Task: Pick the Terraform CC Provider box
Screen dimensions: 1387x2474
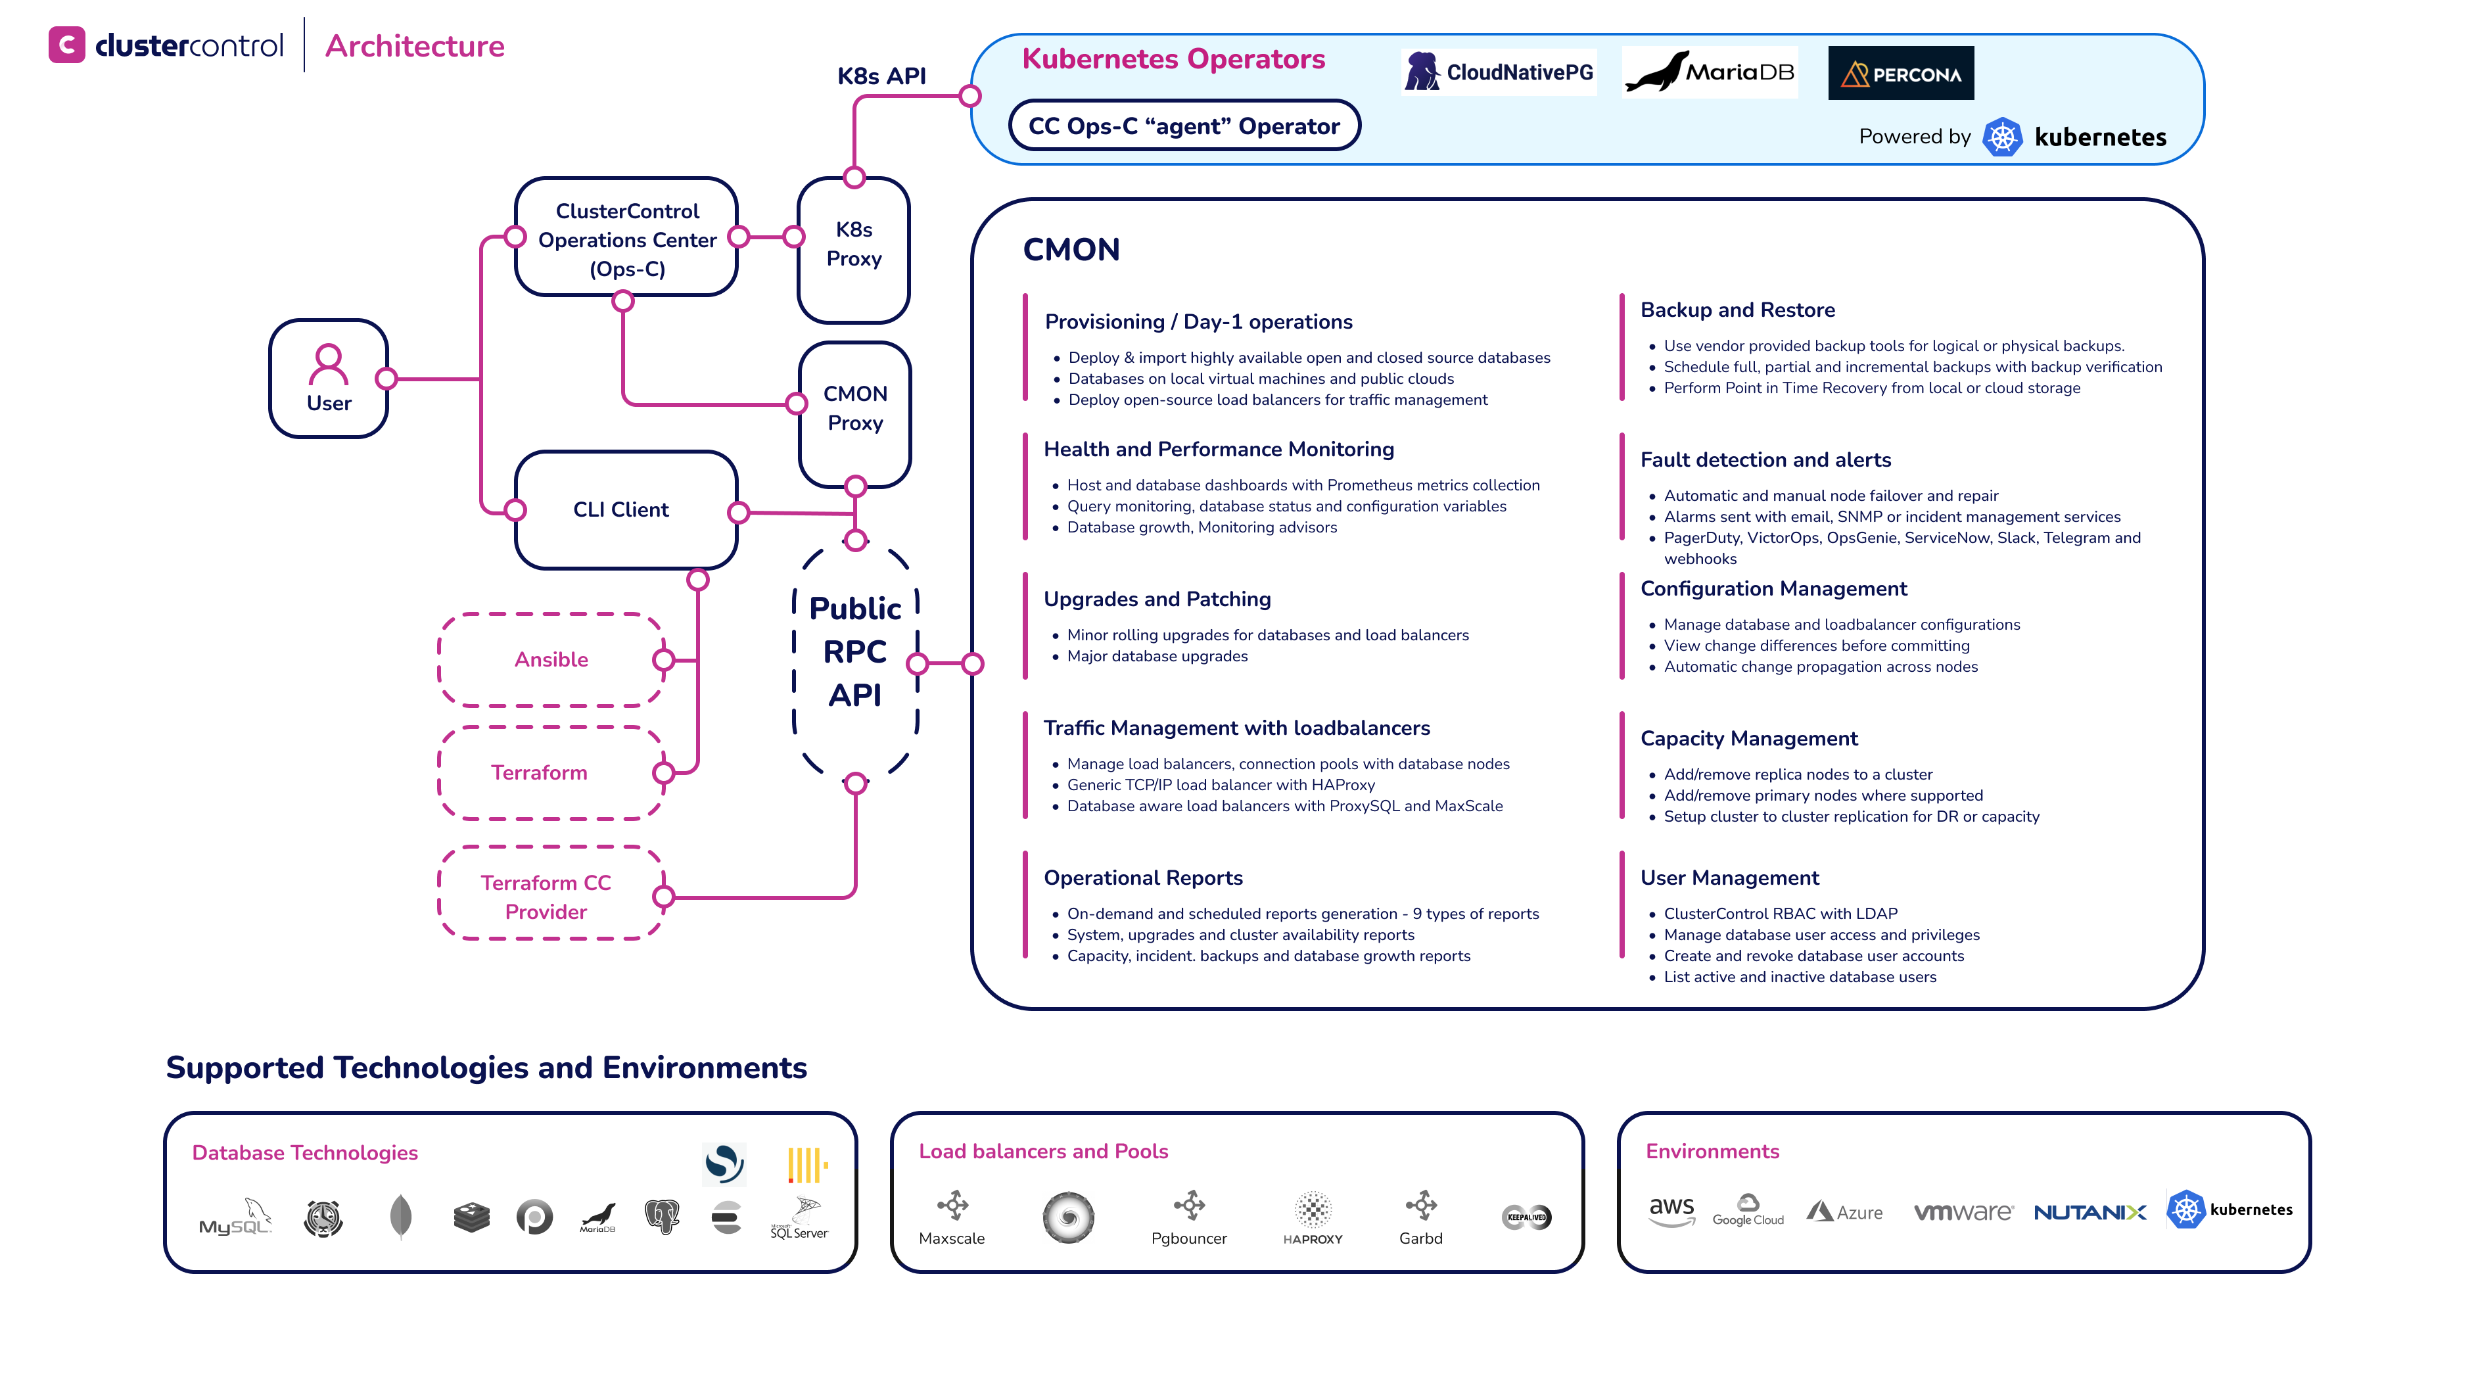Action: [x=546, y=896]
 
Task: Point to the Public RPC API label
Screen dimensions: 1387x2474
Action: [x=854, y=652]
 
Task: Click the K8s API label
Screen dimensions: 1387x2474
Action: [x=881, y=76]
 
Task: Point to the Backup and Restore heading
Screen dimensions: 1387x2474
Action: [x=1737, y=310]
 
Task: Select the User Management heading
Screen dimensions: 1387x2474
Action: [x=1729, y=878]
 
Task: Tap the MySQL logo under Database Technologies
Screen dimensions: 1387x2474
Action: [x=235, y=1218]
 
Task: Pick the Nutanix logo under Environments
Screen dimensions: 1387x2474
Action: [x=2090, y=1212]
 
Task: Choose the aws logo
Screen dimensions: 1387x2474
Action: [x=1671, y=1210]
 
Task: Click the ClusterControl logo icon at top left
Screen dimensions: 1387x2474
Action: [x=67, y=45]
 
